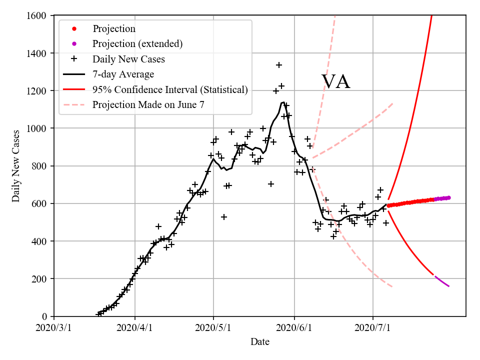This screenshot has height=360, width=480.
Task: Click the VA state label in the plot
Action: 335,81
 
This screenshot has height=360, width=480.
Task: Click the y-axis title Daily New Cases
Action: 16,166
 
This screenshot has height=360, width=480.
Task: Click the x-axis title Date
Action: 260,342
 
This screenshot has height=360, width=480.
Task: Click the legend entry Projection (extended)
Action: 137,44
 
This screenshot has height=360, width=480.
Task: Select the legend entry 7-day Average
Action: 123,74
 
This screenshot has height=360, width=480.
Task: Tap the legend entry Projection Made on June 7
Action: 148,105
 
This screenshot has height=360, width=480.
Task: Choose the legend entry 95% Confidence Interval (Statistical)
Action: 170,90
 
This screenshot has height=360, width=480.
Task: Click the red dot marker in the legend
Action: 74,29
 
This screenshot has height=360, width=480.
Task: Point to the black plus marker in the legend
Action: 74,59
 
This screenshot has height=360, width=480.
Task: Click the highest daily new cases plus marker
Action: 279,65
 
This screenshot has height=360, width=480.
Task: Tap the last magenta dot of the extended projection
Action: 448,197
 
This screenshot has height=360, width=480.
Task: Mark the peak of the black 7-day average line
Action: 283,102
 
